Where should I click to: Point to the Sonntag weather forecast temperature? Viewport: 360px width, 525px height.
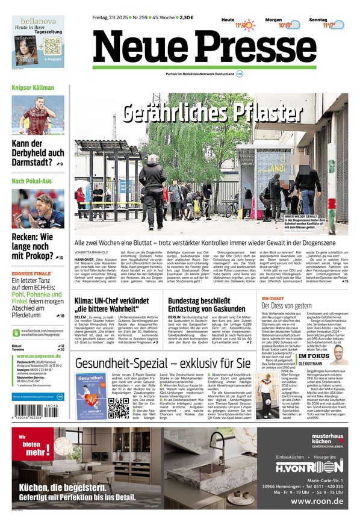click(327, 25)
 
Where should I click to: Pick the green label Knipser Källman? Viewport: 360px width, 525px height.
click(33, 88)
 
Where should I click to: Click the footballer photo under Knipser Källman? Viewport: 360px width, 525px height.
click(37, 114)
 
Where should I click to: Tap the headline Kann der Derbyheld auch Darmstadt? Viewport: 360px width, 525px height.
click(37, 154)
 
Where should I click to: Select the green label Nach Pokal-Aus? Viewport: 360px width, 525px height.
click(32, 181)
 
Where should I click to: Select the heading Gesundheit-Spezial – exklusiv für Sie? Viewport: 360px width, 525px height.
click(163, 363)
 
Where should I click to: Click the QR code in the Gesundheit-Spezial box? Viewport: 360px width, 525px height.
click(118, 408)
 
